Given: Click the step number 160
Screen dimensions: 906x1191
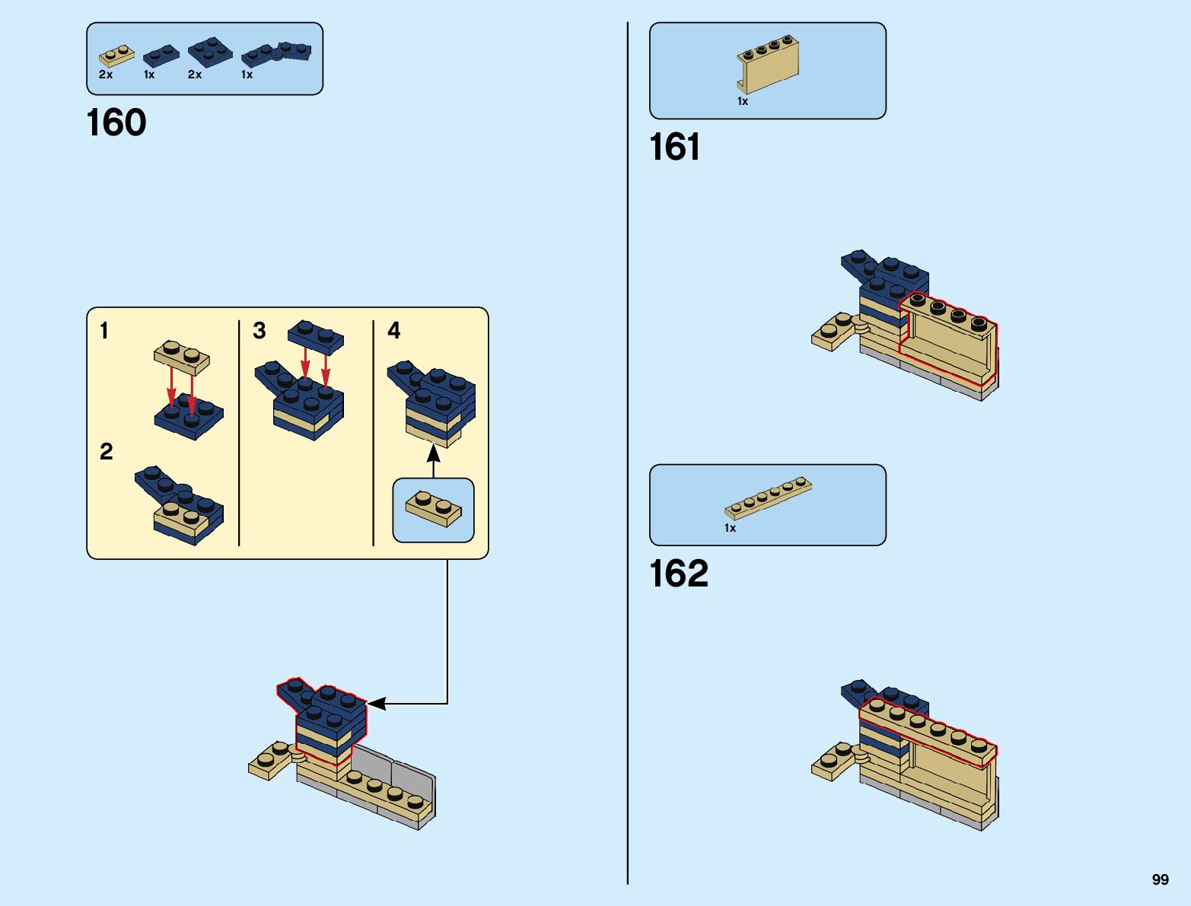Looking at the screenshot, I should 116,123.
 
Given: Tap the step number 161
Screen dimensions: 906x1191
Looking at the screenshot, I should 674,148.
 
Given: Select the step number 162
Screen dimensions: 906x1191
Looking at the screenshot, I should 678,574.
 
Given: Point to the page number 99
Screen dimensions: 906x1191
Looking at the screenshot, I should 1160,879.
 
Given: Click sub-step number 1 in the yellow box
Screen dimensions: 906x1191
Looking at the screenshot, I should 104,331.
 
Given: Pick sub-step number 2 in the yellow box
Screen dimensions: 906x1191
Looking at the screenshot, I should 107,452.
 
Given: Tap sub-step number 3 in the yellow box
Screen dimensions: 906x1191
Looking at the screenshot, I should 260,331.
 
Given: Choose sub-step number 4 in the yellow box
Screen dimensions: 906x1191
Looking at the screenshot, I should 394,330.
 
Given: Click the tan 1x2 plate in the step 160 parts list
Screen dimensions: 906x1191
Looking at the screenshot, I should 116,56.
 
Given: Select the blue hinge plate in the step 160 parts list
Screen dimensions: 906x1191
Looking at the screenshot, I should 276,54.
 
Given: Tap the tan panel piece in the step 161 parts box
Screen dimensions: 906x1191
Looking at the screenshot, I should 768,63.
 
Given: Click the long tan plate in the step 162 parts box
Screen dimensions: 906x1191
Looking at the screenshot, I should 768,498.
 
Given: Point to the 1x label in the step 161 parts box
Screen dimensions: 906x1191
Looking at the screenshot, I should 743,101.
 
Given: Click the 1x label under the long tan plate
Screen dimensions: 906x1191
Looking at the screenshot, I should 730,528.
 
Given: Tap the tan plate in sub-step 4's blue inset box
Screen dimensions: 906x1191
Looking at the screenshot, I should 433,508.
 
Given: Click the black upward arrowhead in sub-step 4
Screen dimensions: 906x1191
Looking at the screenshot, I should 433,453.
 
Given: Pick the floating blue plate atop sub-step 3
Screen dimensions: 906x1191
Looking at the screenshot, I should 316,335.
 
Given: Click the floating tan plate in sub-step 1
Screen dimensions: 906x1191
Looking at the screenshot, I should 182,357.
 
